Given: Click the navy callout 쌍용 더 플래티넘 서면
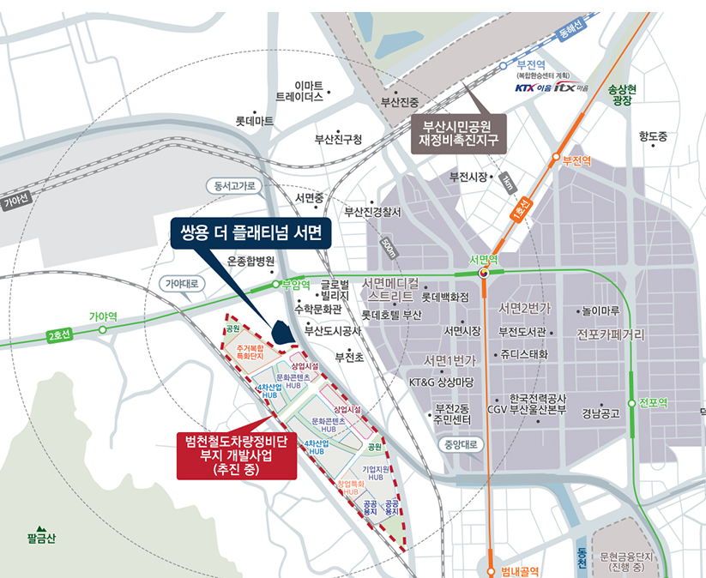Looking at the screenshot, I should (x=250, y=232).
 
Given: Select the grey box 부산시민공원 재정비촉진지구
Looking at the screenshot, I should (x=459, y=132).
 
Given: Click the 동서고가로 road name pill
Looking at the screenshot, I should (x=235, y=185).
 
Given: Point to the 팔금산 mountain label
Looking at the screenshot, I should (x=40, y=539).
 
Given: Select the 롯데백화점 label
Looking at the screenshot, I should (x=445, y=297).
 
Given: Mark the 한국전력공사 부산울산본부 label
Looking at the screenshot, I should (x=537, y=404).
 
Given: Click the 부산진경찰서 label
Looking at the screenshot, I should (x=372, y=212).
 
